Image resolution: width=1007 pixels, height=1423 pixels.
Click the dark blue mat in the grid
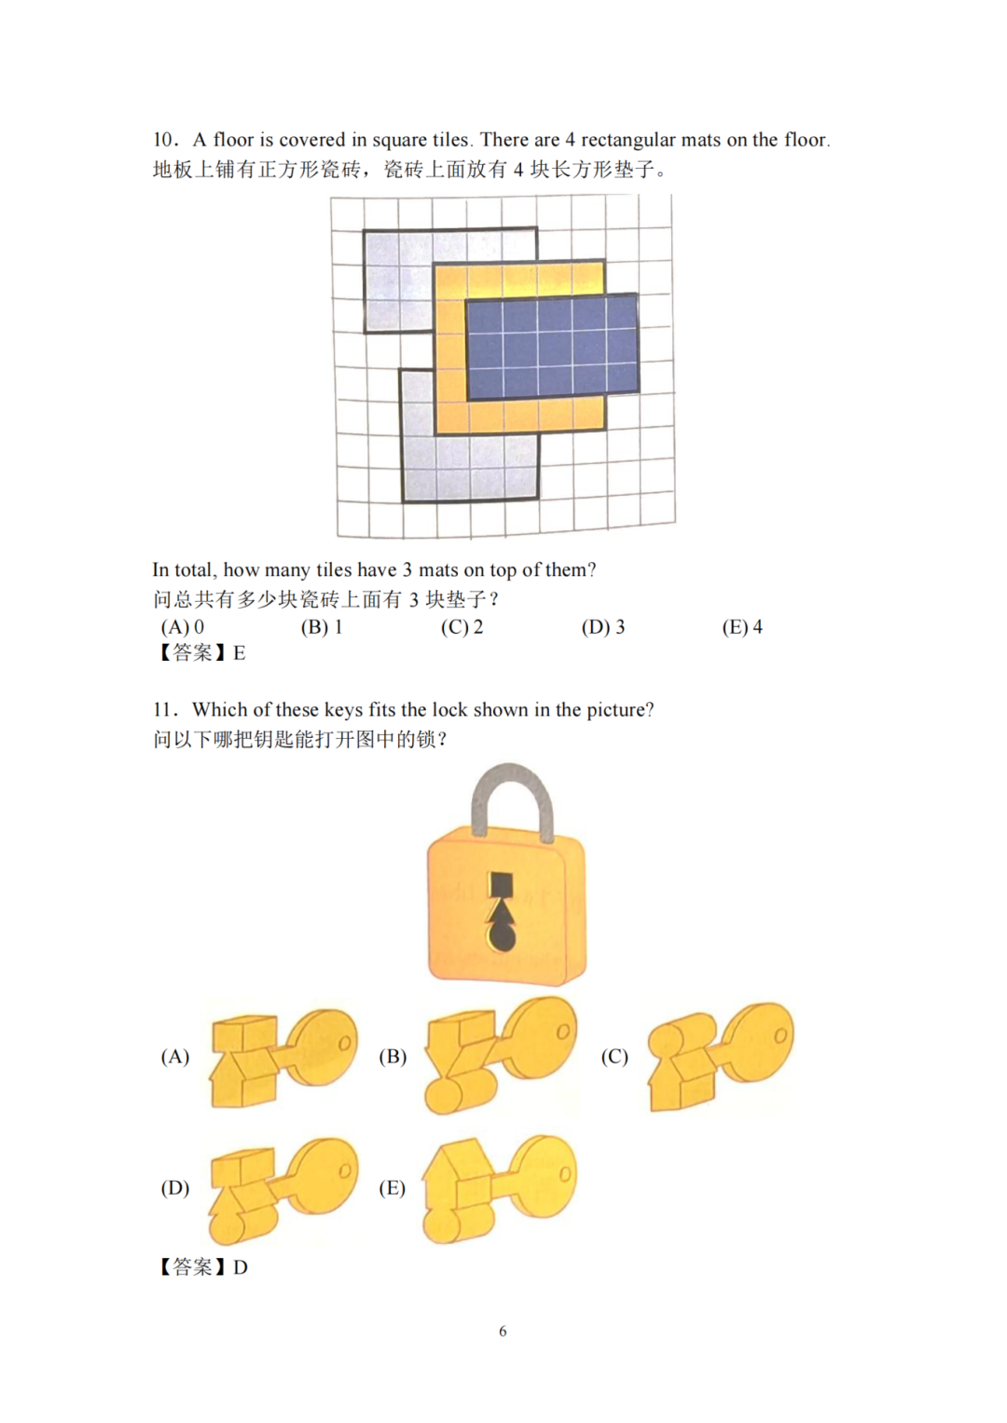pyautogui.click(x=552, y=347)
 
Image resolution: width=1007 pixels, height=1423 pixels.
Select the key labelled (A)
pyautogui.click(x=283, y=1055)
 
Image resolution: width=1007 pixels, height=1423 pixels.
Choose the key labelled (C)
pyautogui.click(x=720, y=1055)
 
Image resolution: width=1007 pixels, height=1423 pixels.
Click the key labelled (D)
pyautogui.click(x=283, y=1190)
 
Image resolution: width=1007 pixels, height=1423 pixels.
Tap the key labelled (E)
pyautogui.click(x=500, y=1188)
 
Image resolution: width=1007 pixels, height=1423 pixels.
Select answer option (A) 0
pyautogui.click(x=183, y=627)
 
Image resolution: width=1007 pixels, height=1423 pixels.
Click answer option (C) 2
pyautogui.click(x=462, y=627)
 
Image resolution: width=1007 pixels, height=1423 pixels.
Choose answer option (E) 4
pyautogui.click(x=742, y=627)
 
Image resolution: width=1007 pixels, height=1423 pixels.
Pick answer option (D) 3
pyautogui.click(x=603, y=627)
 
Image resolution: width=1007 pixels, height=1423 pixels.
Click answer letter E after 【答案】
pyautogui.click(x=239, y=653)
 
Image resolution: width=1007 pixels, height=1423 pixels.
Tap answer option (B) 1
pyautogui.click(x=322, y=627)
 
